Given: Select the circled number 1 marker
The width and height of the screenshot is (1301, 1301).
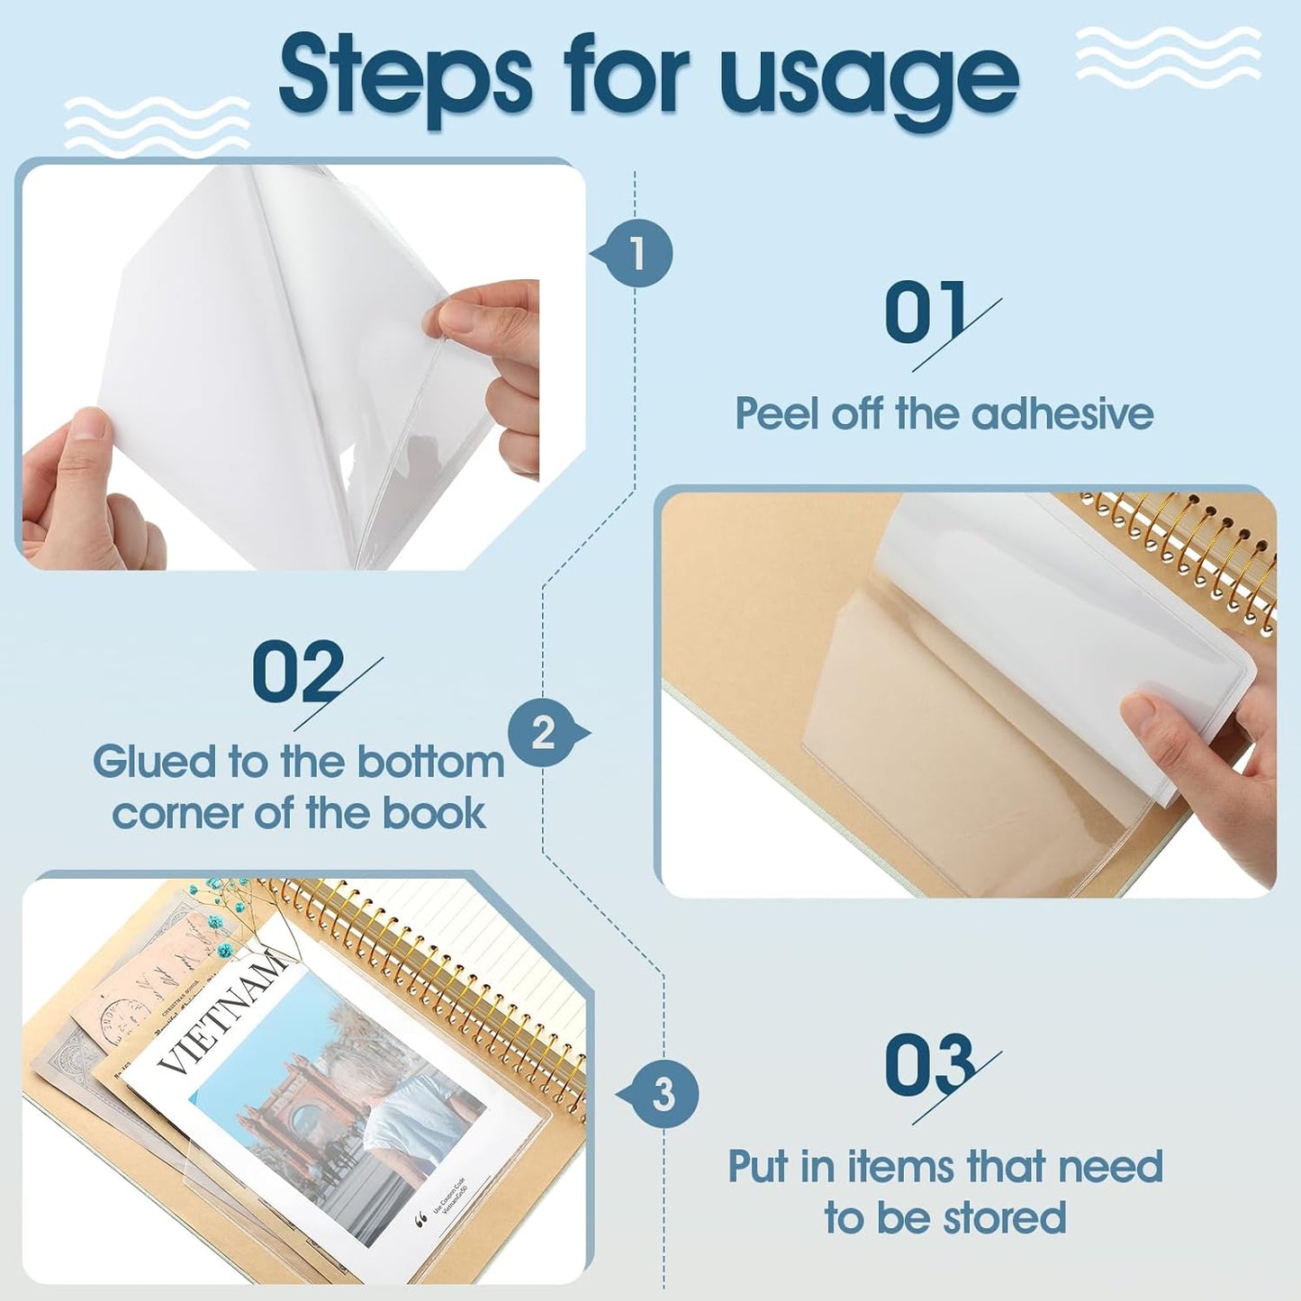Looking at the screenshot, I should (638, 253).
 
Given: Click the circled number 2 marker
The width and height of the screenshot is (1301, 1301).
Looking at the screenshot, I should (543, 733).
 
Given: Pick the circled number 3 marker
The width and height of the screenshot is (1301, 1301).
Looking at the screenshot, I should (664, 1095).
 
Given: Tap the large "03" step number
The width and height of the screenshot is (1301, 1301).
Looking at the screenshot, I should (929, 1065).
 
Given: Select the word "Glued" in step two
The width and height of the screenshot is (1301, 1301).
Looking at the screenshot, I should (154, 763).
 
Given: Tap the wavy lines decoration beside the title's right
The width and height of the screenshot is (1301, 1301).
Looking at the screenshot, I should (1168, 56).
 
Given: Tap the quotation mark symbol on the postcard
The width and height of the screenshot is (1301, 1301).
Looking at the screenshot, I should (420, 1221).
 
